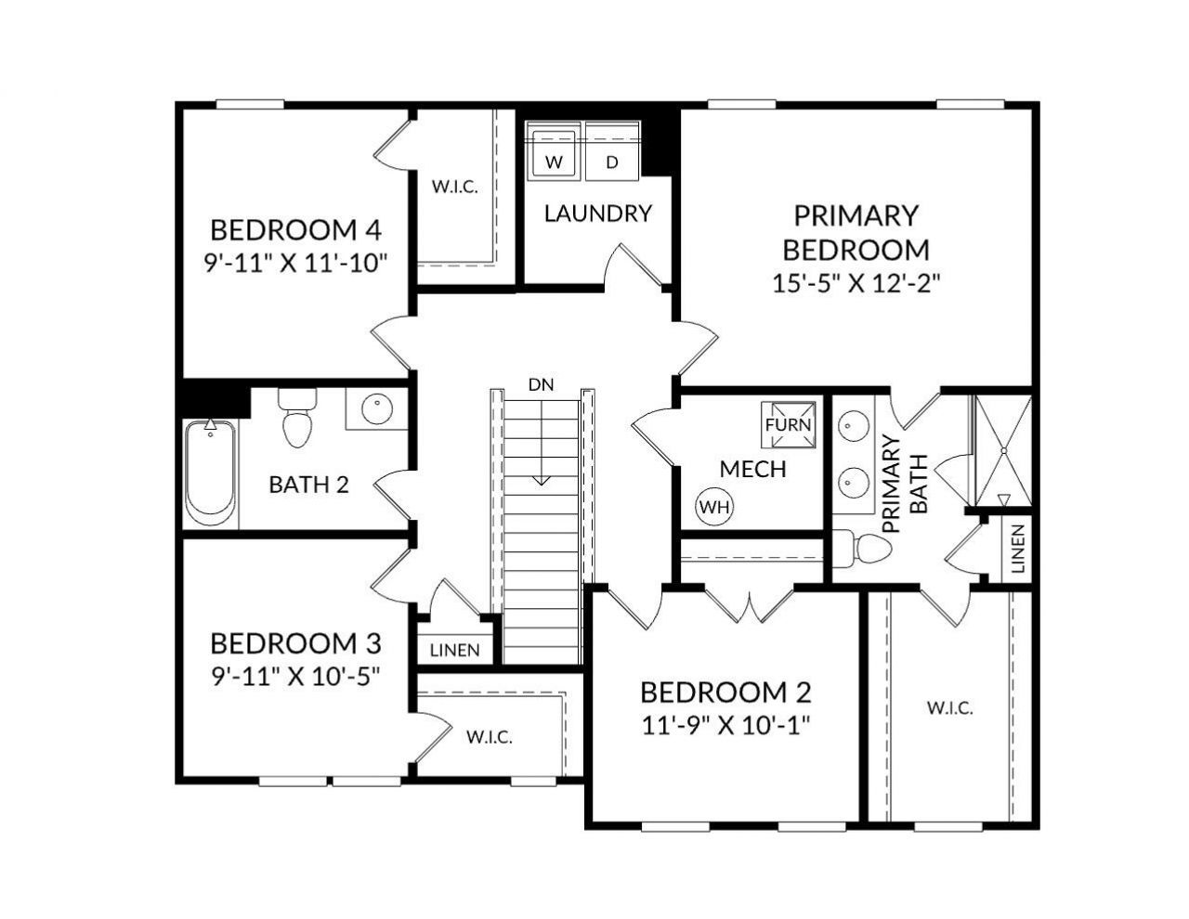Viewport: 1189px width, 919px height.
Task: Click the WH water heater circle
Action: coord(714,507)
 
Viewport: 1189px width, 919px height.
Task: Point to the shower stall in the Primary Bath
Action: coord(1002,451)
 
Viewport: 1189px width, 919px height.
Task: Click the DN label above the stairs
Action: coord(541,384)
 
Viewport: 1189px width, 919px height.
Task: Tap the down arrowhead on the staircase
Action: coord(541,480)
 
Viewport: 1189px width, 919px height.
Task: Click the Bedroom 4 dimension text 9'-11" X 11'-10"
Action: coord(294,263)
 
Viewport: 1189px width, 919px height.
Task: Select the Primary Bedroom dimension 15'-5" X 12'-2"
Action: coord(856,284)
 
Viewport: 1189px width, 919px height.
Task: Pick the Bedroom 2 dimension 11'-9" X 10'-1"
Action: coord(725,725)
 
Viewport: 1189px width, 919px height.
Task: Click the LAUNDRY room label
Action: coord(597,214)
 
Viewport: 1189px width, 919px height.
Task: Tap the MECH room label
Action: coord(752,469)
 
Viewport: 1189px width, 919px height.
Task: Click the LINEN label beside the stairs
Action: coord(455,650)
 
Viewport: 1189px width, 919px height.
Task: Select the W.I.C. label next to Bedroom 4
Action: coord(454,186)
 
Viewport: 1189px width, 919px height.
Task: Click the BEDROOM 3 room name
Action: coord(294,643)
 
